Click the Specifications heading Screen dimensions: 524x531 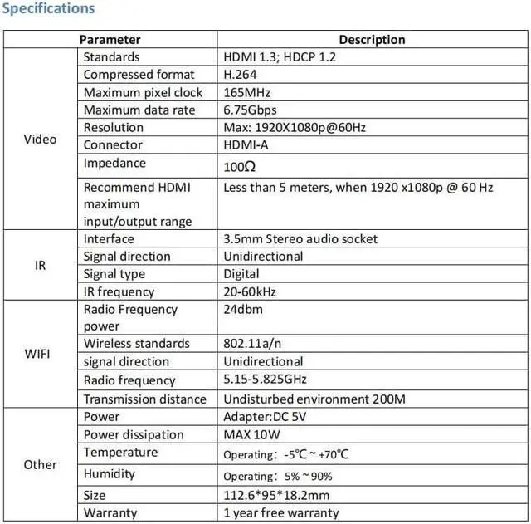49,9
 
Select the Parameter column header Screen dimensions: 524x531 110,39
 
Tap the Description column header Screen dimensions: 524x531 372,39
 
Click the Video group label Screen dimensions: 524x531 40,139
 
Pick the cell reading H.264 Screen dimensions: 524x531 241,75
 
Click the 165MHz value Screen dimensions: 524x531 247,92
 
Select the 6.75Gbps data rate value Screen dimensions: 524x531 251,110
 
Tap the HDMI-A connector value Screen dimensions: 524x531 246,144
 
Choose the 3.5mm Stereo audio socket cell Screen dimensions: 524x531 300,239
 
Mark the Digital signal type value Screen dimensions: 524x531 241,274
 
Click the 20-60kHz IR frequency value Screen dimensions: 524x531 250,291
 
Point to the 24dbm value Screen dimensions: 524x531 243,309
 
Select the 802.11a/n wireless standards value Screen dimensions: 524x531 252,344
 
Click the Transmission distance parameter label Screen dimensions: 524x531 144,399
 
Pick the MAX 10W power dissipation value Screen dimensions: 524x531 251,434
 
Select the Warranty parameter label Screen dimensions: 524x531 110,512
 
